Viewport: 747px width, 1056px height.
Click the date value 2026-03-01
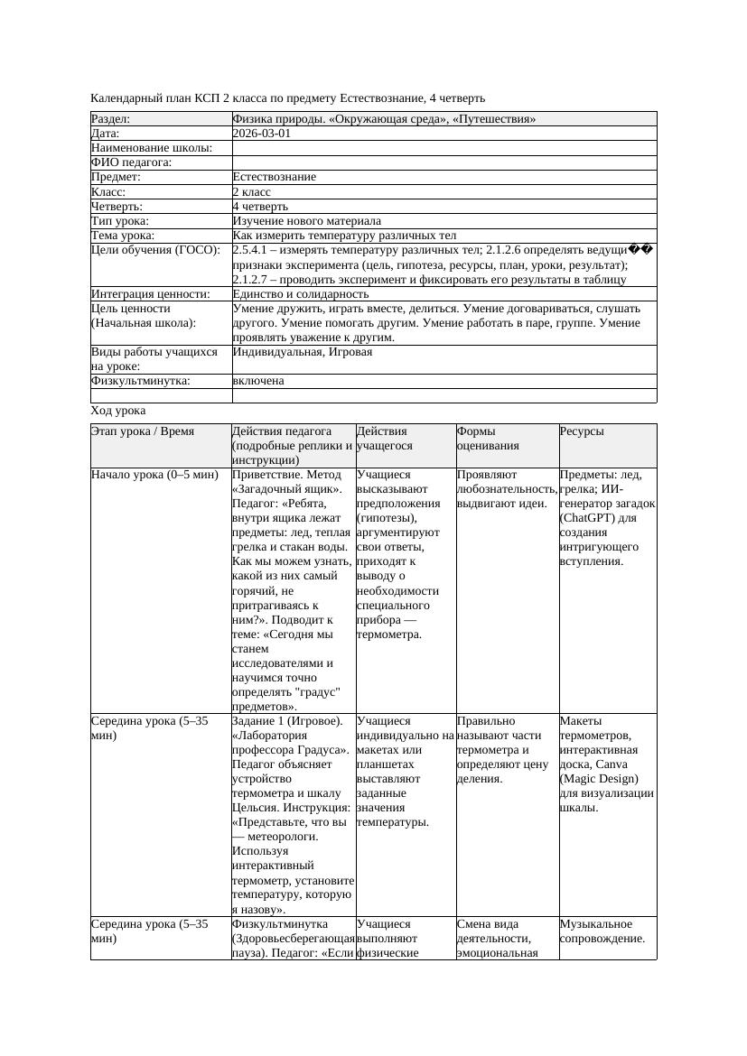point(261,134)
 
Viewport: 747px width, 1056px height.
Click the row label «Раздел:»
point(111,119)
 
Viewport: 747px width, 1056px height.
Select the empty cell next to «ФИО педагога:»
point(443,162)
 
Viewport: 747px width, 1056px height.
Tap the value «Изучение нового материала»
point(306,221)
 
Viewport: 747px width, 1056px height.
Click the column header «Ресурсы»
point(582,431)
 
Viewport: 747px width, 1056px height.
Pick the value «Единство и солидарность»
point(300,294)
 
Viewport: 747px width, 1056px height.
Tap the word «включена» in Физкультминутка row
point(258,381)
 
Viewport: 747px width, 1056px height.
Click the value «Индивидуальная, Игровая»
point(302,352)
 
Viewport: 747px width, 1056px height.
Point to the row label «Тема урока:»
point(123,236)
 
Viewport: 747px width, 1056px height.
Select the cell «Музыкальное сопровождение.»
point(602,931)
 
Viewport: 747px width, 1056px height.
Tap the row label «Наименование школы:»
point(152,148)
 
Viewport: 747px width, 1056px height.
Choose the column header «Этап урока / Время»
point(142,431)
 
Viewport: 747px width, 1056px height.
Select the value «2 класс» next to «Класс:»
point(251,192)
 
